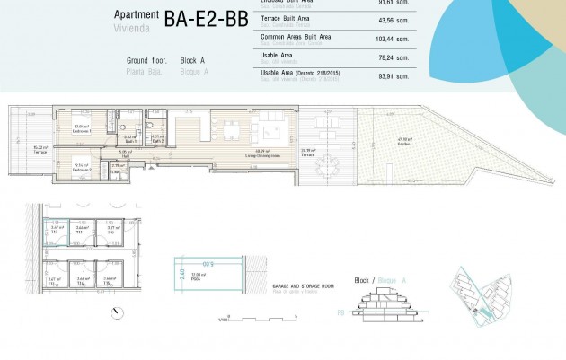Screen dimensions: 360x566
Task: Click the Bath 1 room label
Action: click(129, 140)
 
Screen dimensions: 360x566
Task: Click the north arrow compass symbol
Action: click(118, 312)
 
